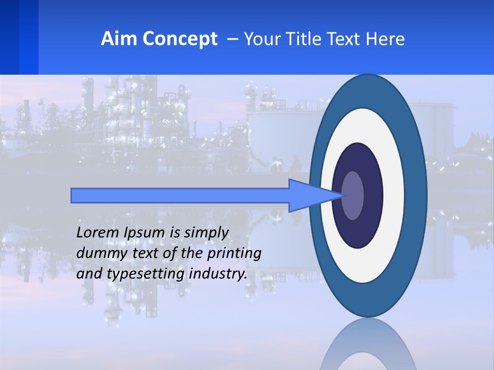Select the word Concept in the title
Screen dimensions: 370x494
coord(180,39)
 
